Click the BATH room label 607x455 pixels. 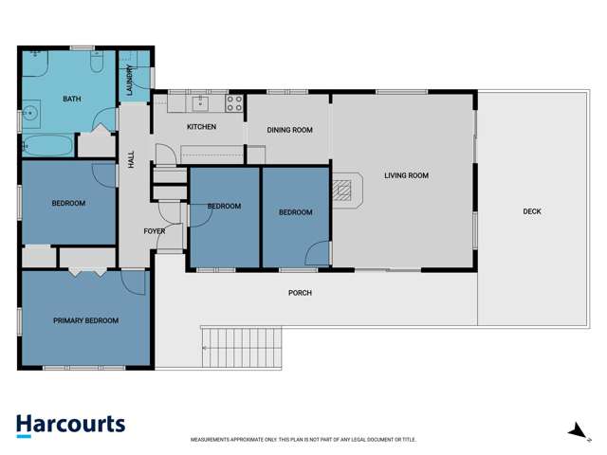click(71, 99)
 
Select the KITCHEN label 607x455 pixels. click(201, 127)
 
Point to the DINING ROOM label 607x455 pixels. click(289, 130)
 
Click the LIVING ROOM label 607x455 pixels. click(406, 175)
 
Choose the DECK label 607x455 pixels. click(532, 211)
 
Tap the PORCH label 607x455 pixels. click(300, 293)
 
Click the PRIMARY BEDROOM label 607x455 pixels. click(85, 320)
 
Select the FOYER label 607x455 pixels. click(154, 231)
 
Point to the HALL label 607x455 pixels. click(131, 158)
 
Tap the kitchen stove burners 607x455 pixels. click(234, 102)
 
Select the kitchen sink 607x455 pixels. click(200, 102)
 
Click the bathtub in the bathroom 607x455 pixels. click(46, 146)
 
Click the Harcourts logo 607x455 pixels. click(70, 425)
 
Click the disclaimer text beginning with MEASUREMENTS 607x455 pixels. click(303, 440)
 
